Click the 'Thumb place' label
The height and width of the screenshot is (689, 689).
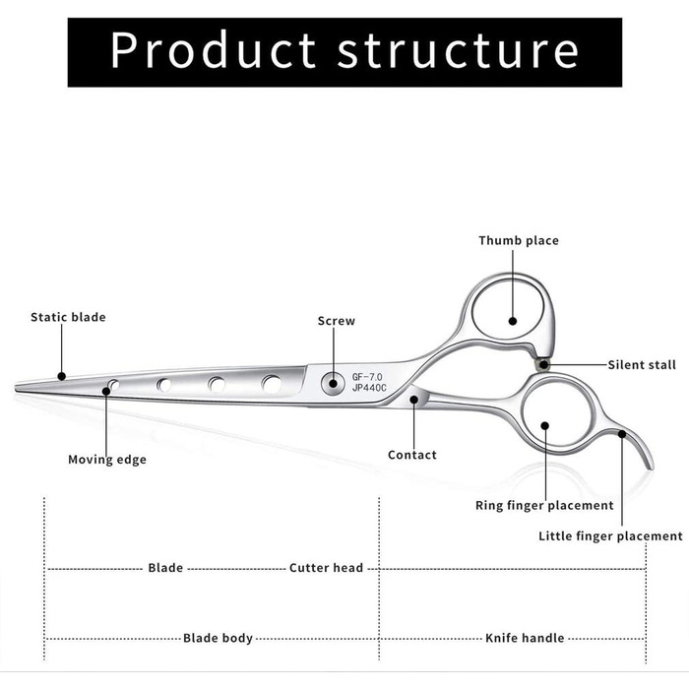pyautogui.click(x=518, y=241)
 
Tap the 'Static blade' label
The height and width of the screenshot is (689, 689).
pyautogui.click(x=68, y=318)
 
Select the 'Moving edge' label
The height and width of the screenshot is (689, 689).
pyautogui.click(x=107, y=460)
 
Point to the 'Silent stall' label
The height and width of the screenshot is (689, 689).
pyautogui.click(x=642, y=365)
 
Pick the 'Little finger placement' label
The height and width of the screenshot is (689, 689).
pyautogui.click(x=610, y=536)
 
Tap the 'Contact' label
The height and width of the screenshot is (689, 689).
pyautogui.click(x=412, y=455)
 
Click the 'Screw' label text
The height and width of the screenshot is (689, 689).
pyautogui.click(x=336, y=321)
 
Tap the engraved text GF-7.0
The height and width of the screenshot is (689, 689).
pyautogui.click(x=369, y=376)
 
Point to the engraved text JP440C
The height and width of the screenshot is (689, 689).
pyautogui.click(x=369, y=389)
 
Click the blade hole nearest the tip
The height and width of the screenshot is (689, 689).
pyautogui.click(x=114, y=385)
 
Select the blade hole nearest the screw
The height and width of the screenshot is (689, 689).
pyautogui.click(x=271, y=384)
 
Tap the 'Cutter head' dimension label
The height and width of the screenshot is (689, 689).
pyautogui.click(x=326, y=568)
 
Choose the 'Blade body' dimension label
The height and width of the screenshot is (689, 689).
pyautogui.click(x=218, y=639)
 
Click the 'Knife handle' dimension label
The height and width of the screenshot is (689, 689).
pyautogui.click(x=525, y=639)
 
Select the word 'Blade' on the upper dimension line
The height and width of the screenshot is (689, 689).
pyautogui.click(x=165, y=568)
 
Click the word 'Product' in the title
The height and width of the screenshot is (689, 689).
pyautogui.click(x=213, y=49)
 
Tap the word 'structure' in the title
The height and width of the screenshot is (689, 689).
pyautogui.click(x=458, y=49)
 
